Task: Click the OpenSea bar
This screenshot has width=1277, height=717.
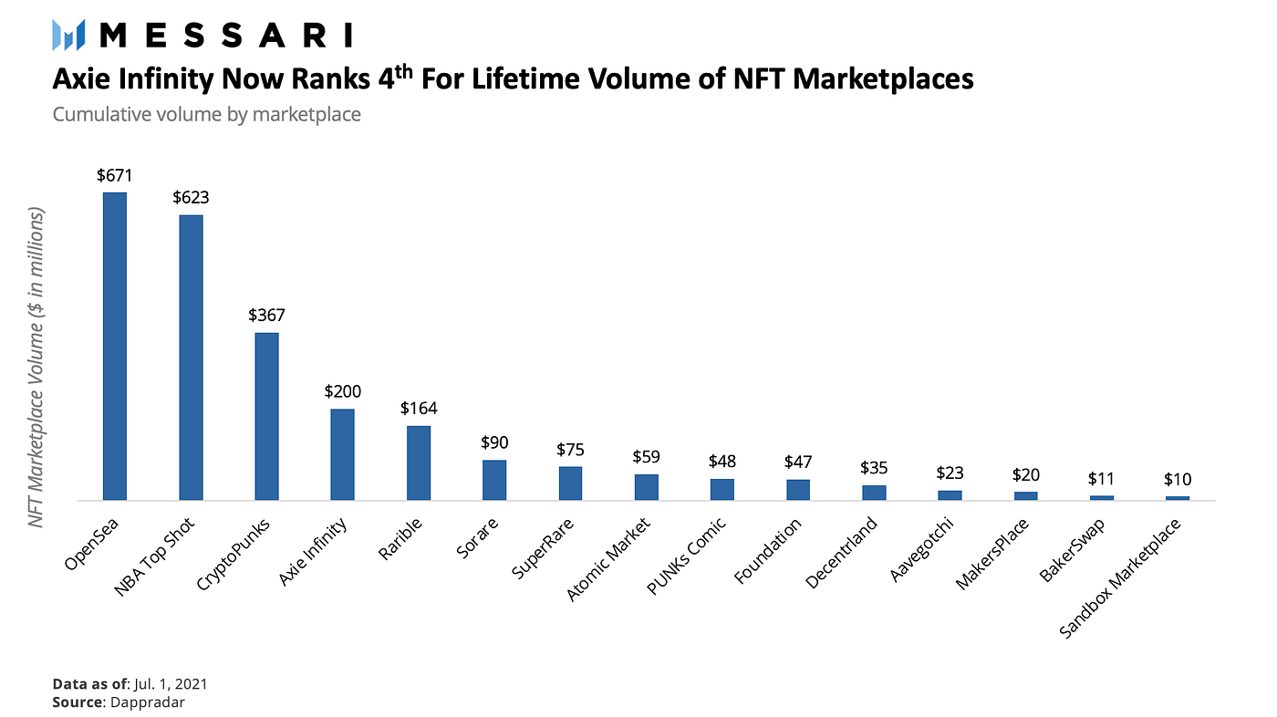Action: pyautogui.click(x=114, y=346)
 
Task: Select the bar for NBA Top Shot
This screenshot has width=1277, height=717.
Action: pyautogui.click(x=191, y=357)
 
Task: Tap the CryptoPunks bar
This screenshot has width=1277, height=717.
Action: pyautogui.click(x=266, y=416)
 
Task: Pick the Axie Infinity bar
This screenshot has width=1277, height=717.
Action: pyautogui.click(x=342, y=454)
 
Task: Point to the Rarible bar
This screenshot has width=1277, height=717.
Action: pyautogui.click(x=419, y=462)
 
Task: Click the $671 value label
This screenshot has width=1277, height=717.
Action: pyautogui.click(x=114, y=174)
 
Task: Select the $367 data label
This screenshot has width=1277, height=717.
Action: pyautogui.click(x=266, y=316)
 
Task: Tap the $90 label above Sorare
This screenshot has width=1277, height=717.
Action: pyautogui.click(x=494, y=442)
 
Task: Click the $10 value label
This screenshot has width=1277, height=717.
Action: pyautogui.click(x=1178, y=479)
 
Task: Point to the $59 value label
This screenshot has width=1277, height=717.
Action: pyautogui.click(x=647, y=456)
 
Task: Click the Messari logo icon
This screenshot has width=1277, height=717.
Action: pyautogui.click(x=69, y=36)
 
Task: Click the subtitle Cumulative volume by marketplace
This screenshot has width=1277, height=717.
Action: pyautogui.click(x=206, y=115)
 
